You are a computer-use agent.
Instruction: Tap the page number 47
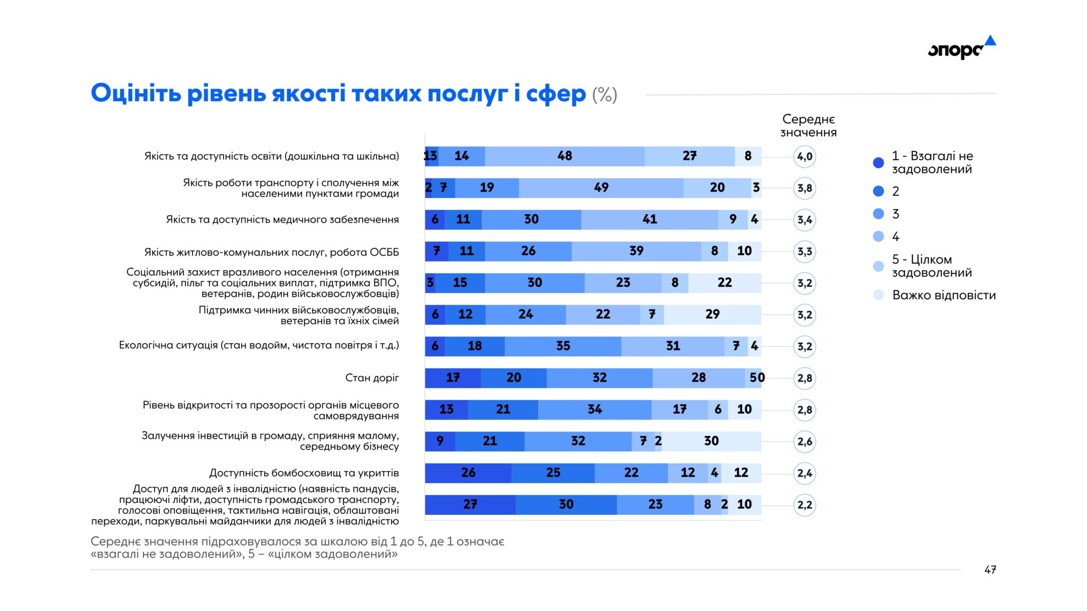point(990,570)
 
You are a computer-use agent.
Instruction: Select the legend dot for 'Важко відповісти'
point(878,295)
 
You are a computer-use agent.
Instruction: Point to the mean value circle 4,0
point(805,156)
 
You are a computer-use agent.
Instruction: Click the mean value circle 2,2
point(805,505)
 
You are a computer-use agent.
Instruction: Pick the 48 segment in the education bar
point(565,156)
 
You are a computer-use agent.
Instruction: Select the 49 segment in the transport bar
point(601,188)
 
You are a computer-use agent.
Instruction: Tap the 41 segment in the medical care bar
point(650,219)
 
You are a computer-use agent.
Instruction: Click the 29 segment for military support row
point(712,315)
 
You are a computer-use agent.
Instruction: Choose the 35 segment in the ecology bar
point(563,346)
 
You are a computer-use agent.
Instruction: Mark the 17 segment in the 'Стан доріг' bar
point(453,378)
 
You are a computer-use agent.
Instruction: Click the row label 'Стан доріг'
point(372,378)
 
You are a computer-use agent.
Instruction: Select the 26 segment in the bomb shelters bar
point(468,473)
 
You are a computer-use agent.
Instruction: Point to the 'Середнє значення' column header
point(808,126)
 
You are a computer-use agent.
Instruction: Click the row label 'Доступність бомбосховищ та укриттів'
point(304,473)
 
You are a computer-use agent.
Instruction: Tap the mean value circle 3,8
point(805,188)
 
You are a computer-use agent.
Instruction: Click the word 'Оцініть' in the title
point(136,93)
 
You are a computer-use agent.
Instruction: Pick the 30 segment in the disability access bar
point(566,504)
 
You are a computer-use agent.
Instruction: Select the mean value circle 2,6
point(805,442)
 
